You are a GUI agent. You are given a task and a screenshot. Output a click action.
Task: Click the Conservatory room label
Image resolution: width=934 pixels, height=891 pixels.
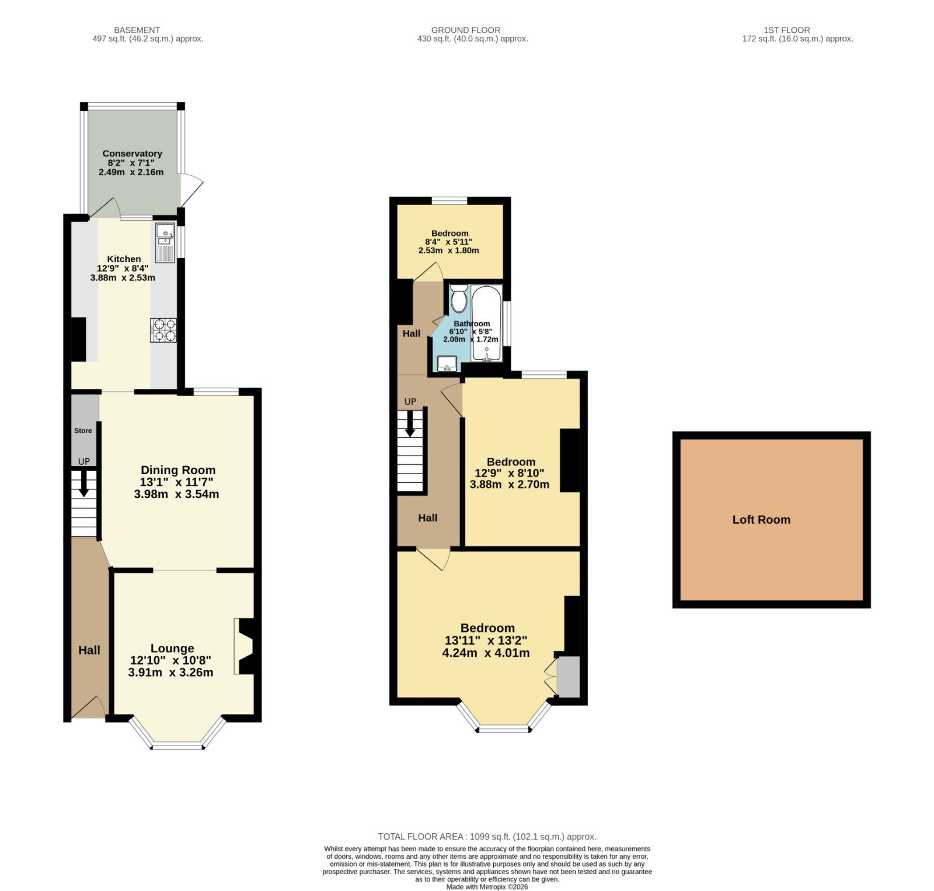133,154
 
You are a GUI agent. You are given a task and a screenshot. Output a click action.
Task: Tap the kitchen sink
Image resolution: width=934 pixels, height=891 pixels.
165,242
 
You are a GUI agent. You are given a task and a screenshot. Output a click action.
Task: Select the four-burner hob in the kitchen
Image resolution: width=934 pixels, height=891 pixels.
163,330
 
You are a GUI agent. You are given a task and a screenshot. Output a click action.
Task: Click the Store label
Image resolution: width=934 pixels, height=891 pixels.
83,430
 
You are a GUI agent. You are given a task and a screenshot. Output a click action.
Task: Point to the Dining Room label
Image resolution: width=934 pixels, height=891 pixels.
178,470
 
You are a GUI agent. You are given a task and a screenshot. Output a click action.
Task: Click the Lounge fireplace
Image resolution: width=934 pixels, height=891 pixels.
245,646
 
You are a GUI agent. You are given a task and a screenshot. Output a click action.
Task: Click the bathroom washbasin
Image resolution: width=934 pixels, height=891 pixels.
447,364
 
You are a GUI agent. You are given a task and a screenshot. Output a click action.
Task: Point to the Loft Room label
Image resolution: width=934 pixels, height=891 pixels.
761,520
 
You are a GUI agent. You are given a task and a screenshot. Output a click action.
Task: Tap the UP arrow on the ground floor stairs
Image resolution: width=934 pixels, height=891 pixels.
410,423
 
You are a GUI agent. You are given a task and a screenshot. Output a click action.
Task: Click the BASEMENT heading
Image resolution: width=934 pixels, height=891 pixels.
137,30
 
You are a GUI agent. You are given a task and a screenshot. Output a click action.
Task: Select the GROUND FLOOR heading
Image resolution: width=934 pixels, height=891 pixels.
466,30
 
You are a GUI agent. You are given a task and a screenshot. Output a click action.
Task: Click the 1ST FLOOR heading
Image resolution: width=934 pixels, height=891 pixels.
787,30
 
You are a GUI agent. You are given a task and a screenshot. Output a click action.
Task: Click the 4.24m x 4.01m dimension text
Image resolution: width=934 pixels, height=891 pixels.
486,653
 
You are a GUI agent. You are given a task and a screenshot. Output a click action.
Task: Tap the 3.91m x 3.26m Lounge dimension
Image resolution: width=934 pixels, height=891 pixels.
170,672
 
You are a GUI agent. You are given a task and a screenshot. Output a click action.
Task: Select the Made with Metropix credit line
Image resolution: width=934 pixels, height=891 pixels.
487,887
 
